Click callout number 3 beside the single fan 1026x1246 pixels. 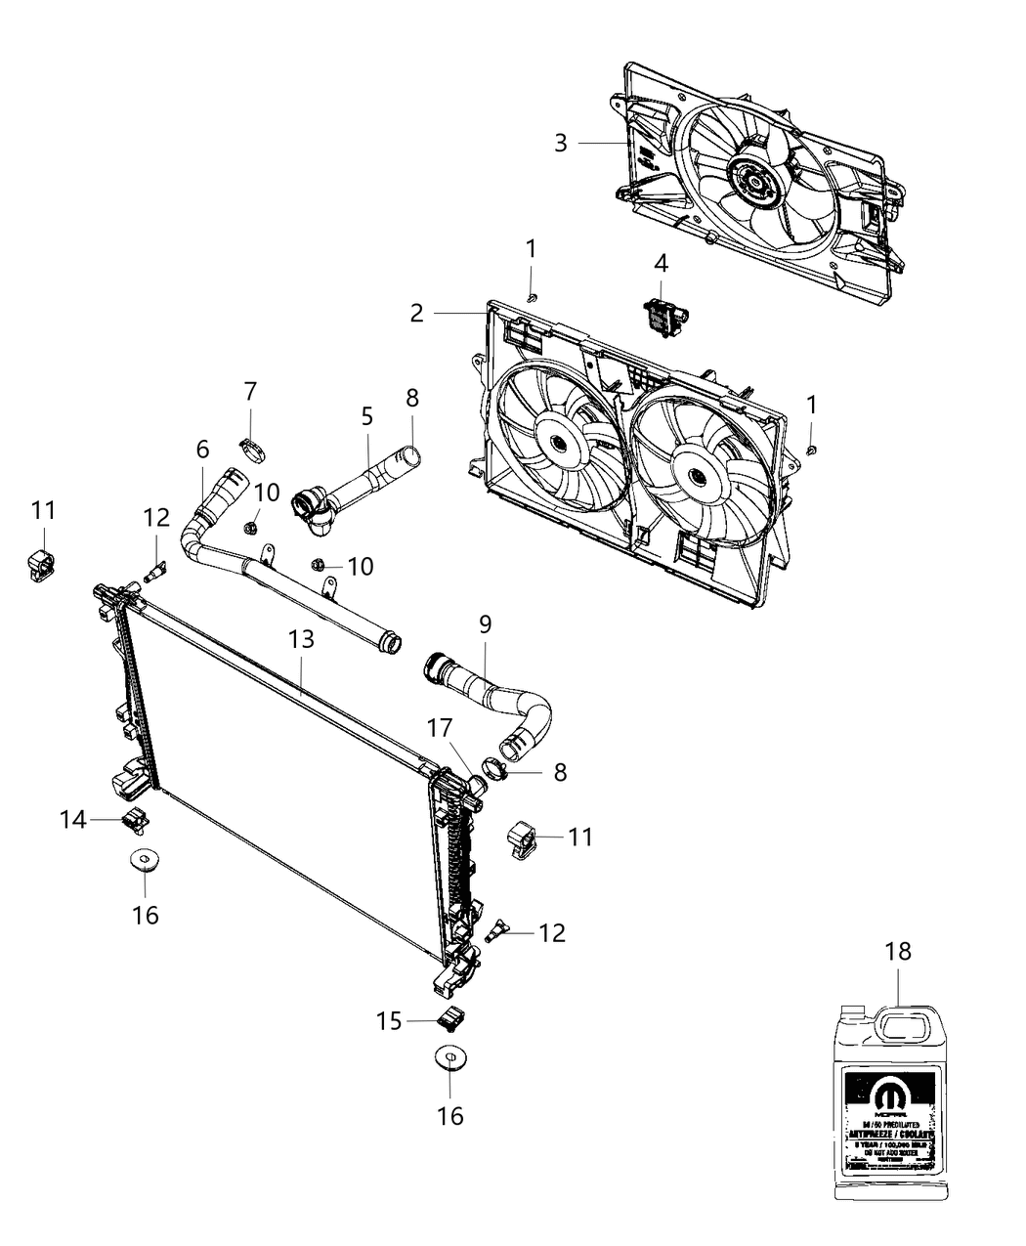click(560, 143)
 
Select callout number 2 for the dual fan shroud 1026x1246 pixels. click(417, 313)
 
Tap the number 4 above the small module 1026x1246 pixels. click(662, 263)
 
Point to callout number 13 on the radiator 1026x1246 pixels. click(302, 639)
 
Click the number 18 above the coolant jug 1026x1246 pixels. click(898, 951)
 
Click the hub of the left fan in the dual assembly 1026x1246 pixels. click(559, 442)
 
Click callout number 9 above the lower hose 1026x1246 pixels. click(486, 623)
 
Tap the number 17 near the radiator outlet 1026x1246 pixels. click(439, 728)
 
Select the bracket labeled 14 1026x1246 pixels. click(134, 821)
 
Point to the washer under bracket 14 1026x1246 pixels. click(145, 861)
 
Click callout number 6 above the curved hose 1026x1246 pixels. click(202, 450)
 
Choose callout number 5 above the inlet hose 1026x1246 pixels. click(366, 416)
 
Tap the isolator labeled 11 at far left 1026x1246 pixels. click(40, 565)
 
